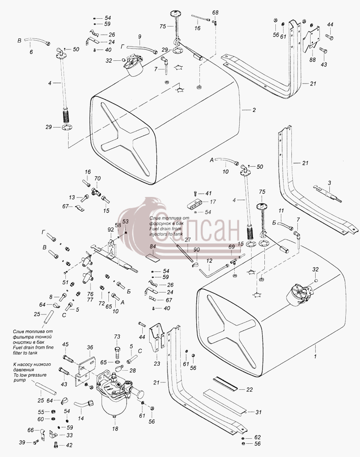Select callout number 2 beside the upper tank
pos(254,110)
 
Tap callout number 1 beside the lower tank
pos(315,356)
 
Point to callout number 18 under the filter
pos(115,429)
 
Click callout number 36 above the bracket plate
pos(90,347)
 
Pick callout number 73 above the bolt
pos(117,337)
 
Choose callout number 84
pos(153,247)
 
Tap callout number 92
pos(111,230)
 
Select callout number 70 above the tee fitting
pos(97,178)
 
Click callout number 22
pos(249,389)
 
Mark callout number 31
pos(258,412)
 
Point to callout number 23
pos(157,363)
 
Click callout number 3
pos(329,183)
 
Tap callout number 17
pos(213,202)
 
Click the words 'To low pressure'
pos(30,375)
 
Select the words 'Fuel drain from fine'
pos(33,347)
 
